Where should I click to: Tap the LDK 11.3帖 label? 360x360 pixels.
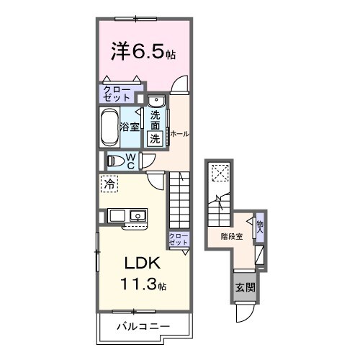click(143, 272)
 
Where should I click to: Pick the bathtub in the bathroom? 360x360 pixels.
click(109, 127)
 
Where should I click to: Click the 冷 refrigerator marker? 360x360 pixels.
click(108, 184)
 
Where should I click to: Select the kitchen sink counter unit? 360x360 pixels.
click(127, 215)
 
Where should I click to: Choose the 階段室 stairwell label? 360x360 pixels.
click(232, 235)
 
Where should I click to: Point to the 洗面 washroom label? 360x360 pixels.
click(156, 118)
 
